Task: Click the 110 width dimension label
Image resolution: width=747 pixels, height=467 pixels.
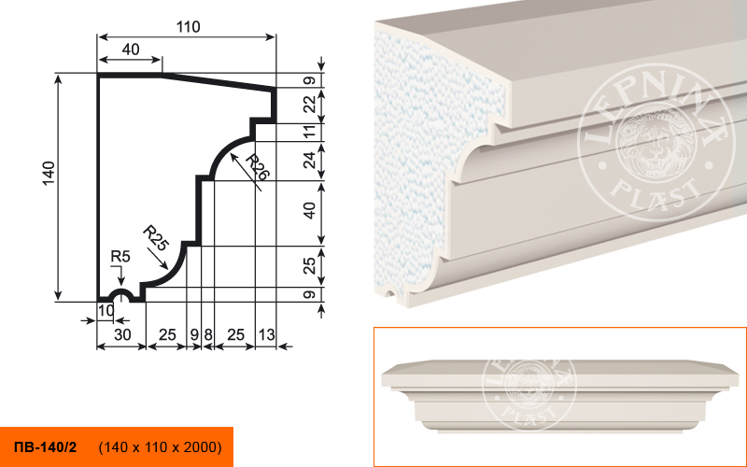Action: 189,27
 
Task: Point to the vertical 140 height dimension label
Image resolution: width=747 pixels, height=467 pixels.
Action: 49,174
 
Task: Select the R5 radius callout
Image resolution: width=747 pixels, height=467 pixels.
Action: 120,256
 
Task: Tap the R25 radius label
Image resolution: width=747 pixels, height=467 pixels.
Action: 156,238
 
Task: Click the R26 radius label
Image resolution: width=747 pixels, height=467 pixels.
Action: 258,167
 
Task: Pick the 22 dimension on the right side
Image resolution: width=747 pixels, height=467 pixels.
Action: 310,105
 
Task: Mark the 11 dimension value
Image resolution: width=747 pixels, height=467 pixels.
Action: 310,132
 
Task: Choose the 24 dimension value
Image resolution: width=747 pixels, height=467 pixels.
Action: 310,160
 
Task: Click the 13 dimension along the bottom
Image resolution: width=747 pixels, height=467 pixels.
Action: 266,334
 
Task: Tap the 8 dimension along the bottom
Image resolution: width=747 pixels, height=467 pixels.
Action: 208,334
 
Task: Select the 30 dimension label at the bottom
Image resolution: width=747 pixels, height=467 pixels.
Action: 122,334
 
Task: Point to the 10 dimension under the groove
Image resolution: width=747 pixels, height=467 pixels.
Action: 106,310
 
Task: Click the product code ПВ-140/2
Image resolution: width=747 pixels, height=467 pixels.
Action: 46,447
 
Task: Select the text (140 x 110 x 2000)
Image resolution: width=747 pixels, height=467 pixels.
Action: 160,447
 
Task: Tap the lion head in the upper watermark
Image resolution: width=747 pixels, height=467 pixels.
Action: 653,143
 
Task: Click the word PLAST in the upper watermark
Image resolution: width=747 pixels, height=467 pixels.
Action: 656,193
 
